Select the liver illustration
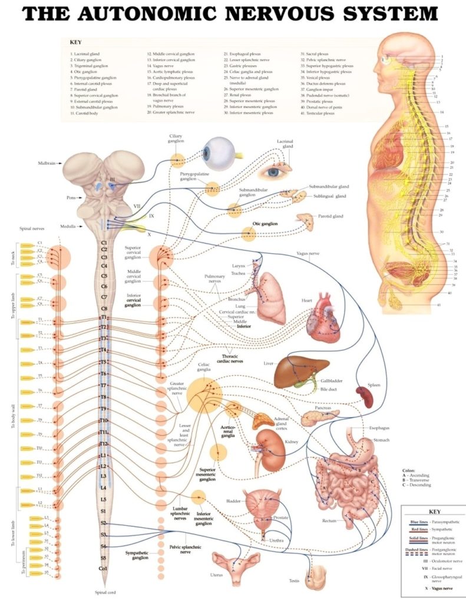(298, 371)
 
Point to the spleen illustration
(363, 397)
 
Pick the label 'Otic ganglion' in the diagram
(265, 224)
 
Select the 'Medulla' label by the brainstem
(67, 226)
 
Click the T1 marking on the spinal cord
(104, 317)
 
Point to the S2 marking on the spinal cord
(104, 523)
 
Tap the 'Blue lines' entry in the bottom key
(419, 522)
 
